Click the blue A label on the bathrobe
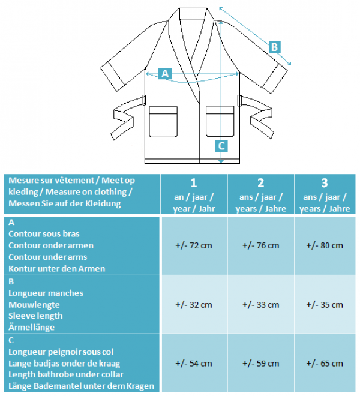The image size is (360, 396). point(165,74)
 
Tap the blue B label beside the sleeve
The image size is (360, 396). point(274,47)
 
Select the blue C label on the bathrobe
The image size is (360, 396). point(221,146)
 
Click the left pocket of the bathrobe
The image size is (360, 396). point(163,122)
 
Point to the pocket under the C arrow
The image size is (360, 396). point(220,121)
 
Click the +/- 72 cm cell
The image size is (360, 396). point(194,245)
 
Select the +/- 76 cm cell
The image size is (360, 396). point(261,245)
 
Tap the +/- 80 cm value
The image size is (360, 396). point(325,245)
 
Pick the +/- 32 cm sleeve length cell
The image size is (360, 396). point(194,305)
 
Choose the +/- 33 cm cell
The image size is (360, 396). point(261,305)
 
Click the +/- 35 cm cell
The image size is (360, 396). point(325,305)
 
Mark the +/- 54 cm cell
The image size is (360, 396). point(194,364)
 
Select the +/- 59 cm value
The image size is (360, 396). point(261,364)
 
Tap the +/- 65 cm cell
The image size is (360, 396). point(325,364)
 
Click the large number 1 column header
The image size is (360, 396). point(194,183)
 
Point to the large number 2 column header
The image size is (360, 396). point(261,183)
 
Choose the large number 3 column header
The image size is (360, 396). point(325,183)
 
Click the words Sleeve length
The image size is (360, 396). point(35,316)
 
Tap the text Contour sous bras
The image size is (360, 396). point(44,234)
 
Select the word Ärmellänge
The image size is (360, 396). point(32,328)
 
